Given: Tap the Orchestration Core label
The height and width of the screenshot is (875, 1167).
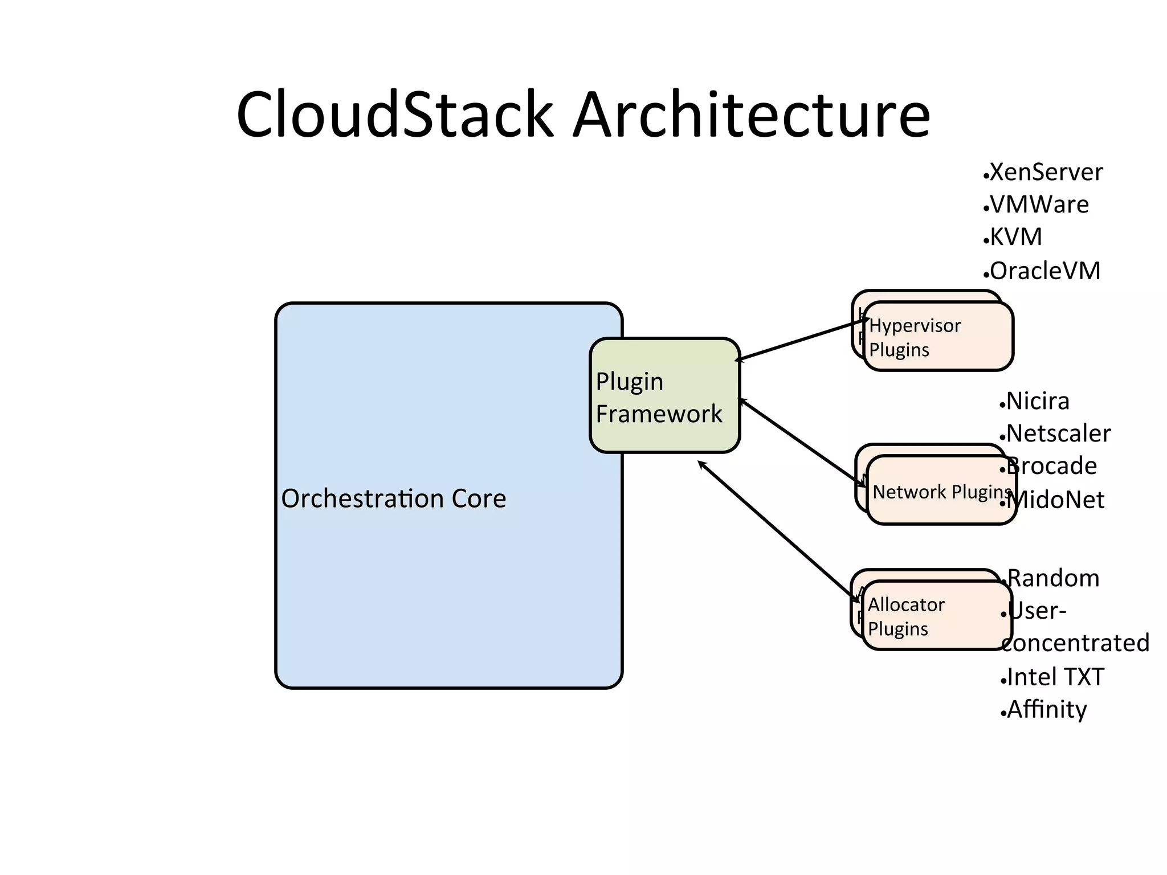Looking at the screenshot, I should point(393,498).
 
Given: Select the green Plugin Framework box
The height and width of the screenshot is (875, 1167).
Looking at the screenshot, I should point(664,396).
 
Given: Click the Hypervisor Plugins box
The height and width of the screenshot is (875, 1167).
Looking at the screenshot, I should point(938,337).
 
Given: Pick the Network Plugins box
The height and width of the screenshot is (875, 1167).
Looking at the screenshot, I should point(941,491).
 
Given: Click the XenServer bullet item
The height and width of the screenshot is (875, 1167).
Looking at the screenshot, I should point(1045,172).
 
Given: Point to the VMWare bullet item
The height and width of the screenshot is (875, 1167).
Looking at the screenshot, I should point(1038,205).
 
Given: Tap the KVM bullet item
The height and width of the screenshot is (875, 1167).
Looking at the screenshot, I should point(1015,237).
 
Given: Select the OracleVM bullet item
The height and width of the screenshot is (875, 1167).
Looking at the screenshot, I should point(1044,271).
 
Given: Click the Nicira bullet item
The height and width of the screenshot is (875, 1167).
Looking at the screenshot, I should point(1037,401).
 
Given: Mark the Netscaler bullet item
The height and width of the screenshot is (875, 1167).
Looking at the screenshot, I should point(1058,434).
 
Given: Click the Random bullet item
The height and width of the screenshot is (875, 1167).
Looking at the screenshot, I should point(1053,578).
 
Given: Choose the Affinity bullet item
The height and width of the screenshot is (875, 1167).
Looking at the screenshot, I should point(1046,709).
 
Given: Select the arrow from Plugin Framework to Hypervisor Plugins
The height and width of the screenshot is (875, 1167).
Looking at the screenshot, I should point(802,340).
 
